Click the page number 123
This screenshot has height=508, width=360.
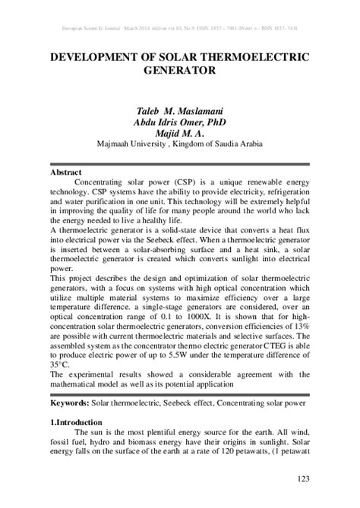tap(301, 479)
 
